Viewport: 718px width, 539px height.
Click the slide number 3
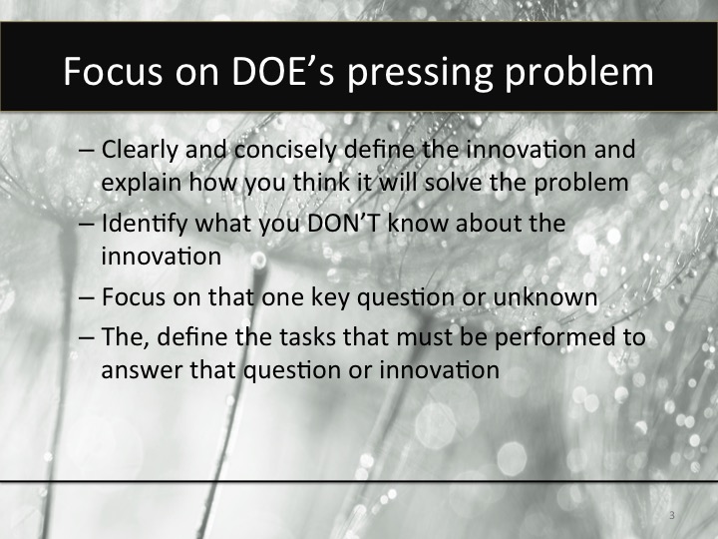click(x=671, y=515)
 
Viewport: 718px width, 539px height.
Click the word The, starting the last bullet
click(x=121, y=338)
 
